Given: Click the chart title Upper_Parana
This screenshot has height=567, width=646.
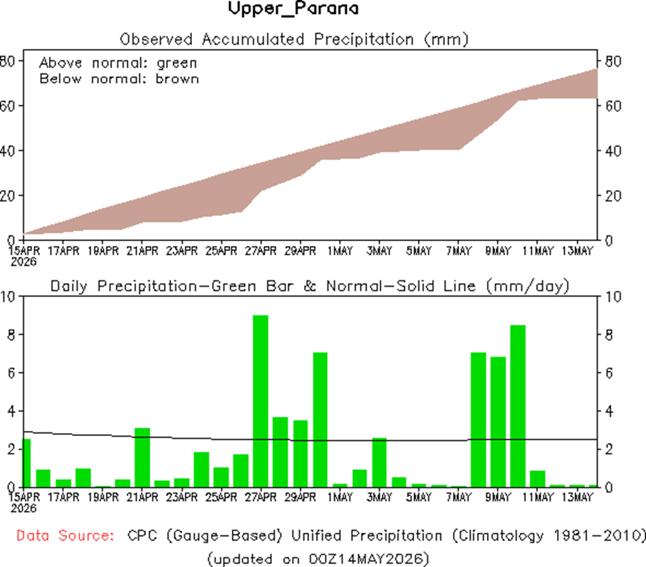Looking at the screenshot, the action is (294, 8).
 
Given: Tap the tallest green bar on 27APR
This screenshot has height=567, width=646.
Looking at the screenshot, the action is (261, 401).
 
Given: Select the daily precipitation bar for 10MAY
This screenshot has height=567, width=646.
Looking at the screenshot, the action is (518, 406).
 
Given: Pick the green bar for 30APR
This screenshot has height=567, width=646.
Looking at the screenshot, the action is (320, 420).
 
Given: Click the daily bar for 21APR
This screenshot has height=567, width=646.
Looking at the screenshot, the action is (142, 458).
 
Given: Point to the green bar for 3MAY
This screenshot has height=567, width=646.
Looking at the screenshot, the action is (379, 463).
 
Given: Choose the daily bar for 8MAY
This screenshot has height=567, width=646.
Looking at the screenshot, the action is (479, 420).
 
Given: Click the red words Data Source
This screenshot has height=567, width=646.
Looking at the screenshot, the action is (65, 535).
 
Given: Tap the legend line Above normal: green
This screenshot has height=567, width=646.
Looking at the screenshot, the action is (118, 63).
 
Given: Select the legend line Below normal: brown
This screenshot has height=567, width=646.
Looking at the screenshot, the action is (119, 78).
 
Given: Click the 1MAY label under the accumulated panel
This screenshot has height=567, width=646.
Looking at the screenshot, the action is (340, 250).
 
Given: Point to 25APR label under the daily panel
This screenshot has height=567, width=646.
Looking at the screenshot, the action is (221, 497).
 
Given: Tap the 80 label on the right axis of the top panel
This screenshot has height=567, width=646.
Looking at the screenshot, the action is (613, 62).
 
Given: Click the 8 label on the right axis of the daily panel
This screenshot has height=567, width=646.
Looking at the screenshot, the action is (608, 334).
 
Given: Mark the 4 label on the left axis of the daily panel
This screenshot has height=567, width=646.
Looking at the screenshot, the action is (11, 411).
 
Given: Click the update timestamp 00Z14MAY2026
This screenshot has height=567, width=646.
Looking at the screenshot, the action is (366, 559).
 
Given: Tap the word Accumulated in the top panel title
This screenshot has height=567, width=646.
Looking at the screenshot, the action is (253, 39).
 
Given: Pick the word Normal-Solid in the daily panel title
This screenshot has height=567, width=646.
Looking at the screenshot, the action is (380, 286).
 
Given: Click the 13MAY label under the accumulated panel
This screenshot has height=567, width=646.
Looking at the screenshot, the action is (577, 250).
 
